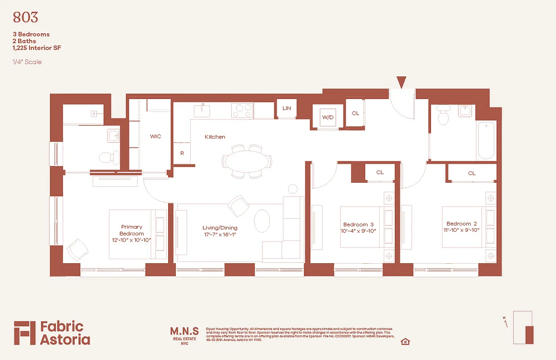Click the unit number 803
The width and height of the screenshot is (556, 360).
tap(25, 18)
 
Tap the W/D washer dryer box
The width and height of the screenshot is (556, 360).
tap(328, 117)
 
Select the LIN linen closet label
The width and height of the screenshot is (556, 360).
tap(287, 108)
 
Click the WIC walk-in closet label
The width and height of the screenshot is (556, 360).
tap(155, 136)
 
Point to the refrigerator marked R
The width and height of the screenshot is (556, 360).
tap(182, 153)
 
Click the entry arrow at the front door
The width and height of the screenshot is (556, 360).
tap(401, 82)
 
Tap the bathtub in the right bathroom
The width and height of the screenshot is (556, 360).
tap(486, 140)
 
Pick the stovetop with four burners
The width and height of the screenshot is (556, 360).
tap(242, 110)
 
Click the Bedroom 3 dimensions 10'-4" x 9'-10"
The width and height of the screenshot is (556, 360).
tap(359, 231)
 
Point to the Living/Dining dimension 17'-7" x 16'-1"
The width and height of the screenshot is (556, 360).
tap(220, 234)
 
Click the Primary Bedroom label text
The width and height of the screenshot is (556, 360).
tap(131, 230)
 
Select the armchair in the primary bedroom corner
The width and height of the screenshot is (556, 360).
tap(78, 249)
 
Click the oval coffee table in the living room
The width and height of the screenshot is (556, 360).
tap(262, 220)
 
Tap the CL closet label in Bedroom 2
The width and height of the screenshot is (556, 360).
tap(471, 173)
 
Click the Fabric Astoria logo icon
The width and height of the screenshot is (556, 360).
tap(24, 333)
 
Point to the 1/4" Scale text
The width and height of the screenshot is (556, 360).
tap(27, 62)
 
